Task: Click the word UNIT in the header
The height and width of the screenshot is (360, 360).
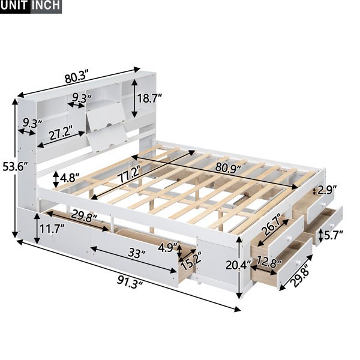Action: coord(14,5)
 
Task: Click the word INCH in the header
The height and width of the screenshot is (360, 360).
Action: coord(46,5)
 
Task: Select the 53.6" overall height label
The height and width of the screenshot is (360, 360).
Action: coord(15,166)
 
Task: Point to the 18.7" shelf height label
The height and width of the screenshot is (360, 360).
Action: coord(149,98)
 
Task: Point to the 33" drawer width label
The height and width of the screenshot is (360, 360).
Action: coord(137,254)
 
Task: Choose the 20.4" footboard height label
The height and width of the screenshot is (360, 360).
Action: coord(238,266)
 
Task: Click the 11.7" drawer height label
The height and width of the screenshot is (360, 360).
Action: coord(52,229)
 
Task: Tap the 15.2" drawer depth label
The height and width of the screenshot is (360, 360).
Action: coord(191,260)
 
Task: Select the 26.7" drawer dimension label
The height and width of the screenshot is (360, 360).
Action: coord(273,227)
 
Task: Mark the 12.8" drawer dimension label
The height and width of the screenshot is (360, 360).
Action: coord(269,261)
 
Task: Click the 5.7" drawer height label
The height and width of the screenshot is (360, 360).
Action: coord(334,235)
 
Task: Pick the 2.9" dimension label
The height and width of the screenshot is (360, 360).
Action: coord(327,190)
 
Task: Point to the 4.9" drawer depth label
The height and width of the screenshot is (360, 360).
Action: coord(169,248)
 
